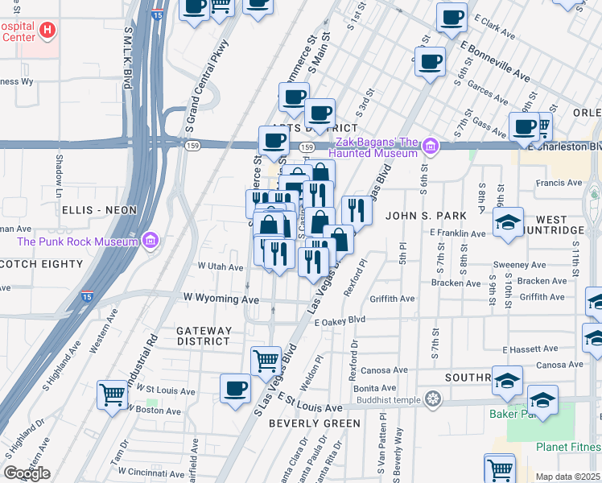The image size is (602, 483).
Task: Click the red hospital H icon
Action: (47, 31)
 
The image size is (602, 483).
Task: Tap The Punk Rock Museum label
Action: (77, 241)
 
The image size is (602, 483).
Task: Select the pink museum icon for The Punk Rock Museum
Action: (149, 240)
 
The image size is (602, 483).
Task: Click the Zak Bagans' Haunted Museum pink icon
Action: (431, 147)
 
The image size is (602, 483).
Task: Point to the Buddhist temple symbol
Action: (434, 398)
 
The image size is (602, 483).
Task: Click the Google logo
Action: (27, 473)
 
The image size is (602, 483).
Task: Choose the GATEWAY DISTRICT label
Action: (204, 336)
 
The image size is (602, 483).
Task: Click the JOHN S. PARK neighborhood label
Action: (425, 216)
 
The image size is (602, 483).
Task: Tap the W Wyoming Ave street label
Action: (221, 299)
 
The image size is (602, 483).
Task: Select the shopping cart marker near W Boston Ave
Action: (112, 394)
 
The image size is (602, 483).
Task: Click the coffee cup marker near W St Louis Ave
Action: (235, 389)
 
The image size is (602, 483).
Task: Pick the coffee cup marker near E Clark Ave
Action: (451, 17)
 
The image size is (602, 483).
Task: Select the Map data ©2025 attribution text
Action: (568, 477)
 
